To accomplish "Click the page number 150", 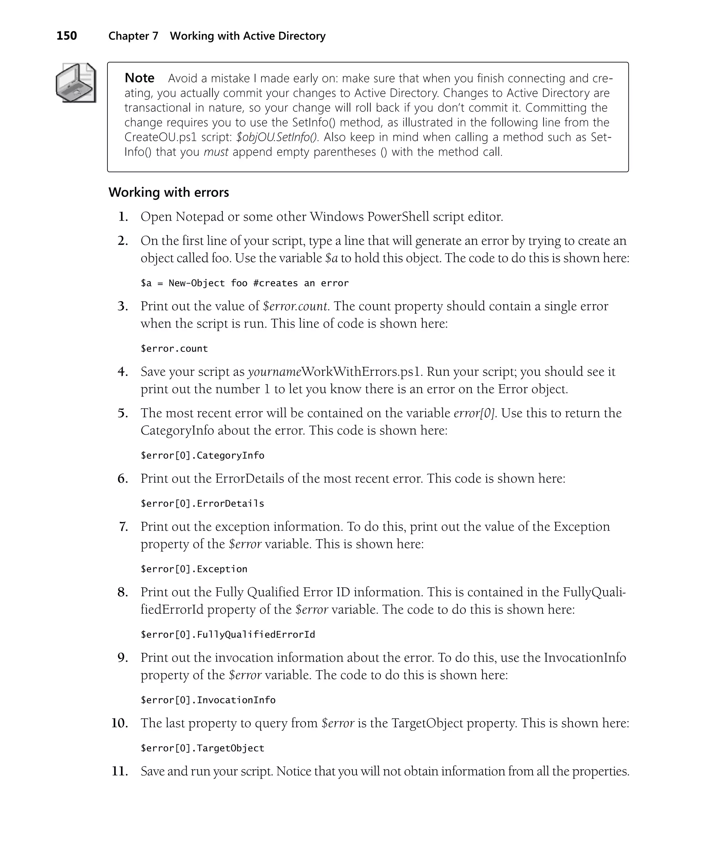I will [67, 36].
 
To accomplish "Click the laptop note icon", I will [76, 83].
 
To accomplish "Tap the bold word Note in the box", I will [139, 78].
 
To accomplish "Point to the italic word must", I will [216, 152].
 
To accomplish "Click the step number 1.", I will [123, 217].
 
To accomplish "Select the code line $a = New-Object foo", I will [244, 283].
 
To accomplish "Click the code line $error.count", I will [174, 348].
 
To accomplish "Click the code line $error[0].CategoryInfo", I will [202, 455].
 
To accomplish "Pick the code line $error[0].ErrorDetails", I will [202, 503].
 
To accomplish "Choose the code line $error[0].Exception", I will [194, 569].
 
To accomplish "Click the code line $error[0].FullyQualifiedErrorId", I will [228, 634].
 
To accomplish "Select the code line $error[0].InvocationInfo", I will [208, 700].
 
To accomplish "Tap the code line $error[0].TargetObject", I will [202, 748].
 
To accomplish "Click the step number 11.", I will [120, 771].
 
